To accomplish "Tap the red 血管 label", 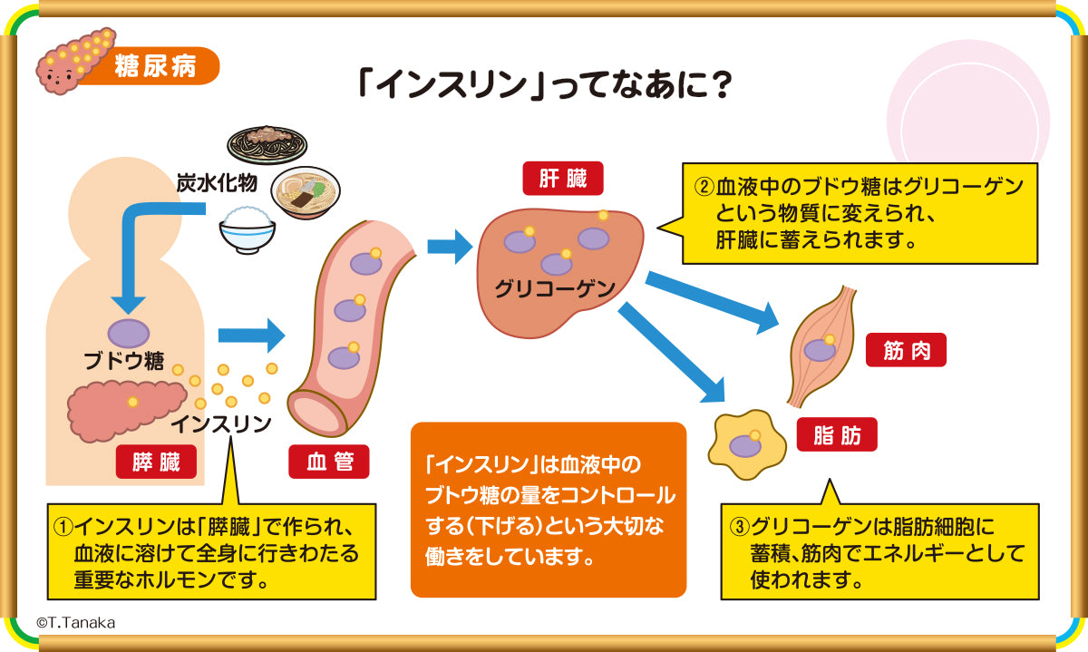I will [328, 462].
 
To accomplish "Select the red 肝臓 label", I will [563, 179].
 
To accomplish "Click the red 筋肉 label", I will [906, 350].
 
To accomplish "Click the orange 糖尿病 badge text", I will [154, 67].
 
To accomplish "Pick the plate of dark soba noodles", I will [267, 143].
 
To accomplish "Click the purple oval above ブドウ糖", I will [129, 334].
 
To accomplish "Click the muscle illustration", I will [821, 345].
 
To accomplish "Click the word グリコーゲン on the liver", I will [555, 289].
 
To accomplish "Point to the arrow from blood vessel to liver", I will [450, 246].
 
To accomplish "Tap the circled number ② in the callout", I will [704, 188].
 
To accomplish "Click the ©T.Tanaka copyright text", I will [76, 623].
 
